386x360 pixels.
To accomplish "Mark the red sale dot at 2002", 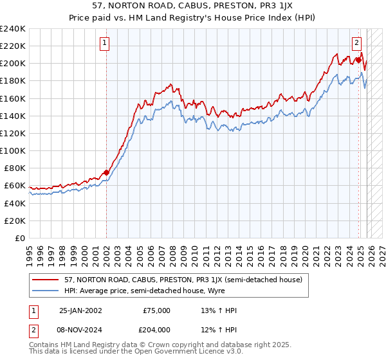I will (106, 172).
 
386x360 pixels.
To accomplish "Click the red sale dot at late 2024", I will (358, 60).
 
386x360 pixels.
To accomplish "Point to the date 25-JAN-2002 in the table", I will (80, 310).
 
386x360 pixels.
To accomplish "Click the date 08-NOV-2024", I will (80, 329).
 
